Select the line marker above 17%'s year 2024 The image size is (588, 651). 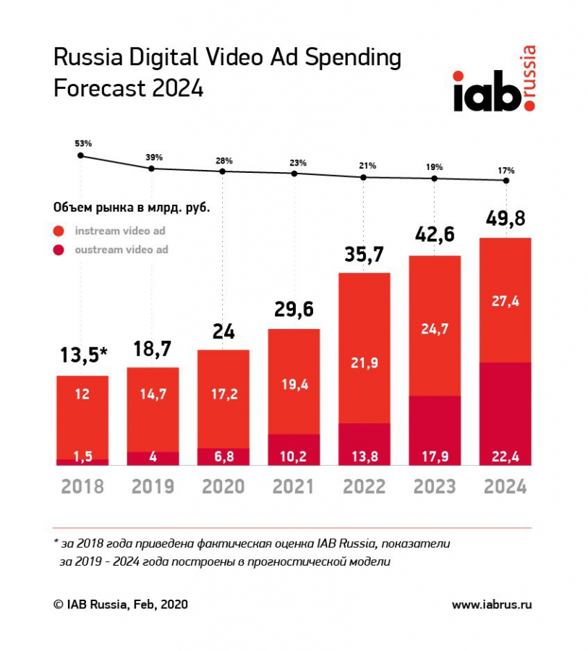pos(506,181)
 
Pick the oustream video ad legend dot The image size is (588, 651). pos(59,250)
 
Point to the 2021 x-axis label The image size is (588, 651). pos(294,486)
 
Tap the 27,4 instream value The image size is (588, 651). pos(506,301)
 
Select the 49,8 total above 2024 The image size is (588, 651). pos(506,219)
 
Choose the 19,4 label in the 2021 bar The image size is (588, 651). pos(294,384)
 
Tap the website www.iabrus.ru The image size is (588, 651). pos(491,604)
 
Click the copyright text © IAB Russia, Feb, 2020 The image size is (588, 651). pos(120,604)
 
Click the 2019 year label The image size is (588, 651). pos(153,486)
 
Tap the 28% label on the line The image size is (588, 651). pos(223,160)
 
